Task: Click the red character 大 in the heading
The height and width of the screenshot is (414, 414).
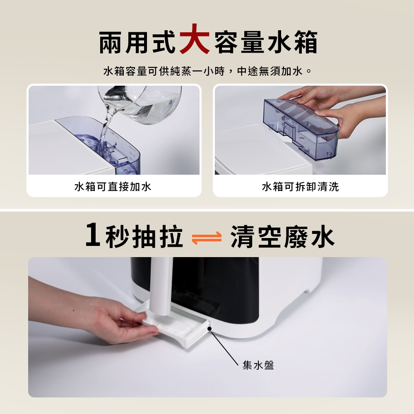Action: click(194, 39)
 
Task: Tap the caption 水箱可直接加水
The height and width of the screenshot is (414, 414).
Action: click(113, 187)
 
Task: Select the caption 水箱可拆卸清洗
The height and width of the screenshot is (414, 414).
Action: click(300, 187)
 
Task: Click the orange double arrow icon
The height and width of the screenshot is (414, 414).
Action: click(207, 238)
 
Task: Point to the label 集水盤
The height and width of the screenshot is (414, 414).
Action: click(258, 365)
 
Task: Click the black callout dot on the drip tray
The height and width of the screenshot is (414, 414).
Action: click(209, 329)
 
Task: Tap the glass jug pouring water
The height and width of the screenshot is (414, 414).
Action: click(140, 104)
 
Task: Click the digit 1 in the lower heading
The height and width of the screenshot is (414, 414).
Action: click(93, 234)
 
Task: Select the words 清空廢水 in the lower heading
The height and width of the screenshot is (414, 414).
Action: click(282, 236)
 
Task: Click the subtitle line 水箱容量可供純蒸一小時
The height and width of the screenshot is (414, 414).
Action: click(164, 71)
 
